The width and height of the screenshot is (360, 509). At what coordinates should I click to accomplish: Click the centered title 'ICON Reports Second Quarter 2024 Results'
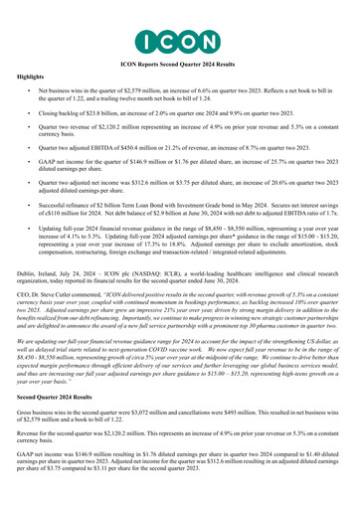coord(179,62)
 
